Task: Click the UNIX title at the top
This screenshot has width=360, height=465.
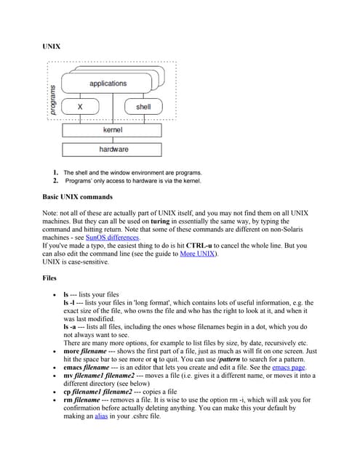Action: pos(52,46)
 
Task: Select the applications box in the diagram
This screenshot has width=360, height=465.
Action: pos(108,84)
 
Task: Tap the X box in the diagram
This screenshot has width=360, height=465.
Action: pos(79,107)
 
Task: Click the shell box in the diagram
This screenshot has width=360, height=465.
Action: pos(143,107)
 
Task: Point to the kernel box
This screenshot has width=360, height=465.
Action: pos(113,129)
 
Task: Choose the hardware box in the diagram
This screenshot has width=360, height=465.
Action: pos(113,149)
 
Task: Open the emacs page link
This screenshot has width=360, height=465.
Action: pos(282,367)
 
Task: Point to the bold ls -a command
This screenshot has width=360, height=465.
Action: pos(70,326)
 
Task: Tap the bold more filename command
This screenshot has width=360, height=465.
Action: pos(87,350)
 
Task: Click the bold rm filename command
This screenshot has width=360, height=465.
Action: pos(84,400)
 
